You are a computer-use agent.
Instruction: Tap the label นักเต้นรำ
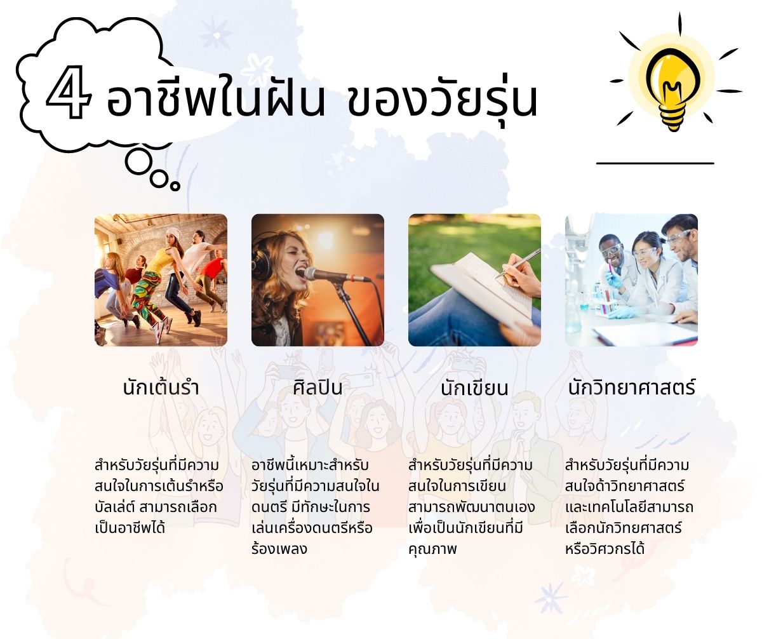coord(161,386)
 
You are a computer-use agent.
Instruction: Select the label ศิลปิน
coord(317,386)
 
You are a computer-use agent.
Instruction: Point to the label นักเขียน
coord(474,387)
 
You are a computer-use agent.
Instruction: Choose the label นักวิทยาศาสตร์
coord(632,386)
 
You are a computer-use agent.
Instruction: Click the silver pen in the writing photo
coord(518,264)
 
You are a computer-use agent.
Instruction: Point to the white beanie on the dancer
coord(173,232)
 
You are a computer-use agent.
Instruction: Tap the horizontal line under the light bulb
coord(655,163)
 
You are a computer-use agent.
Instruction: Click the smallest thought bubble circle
coord(175,186)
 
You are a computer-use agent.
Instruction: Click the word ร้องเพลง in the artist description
coord(279,548)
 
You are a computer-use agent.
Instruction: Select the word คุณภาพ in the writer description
coord(432,548)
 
